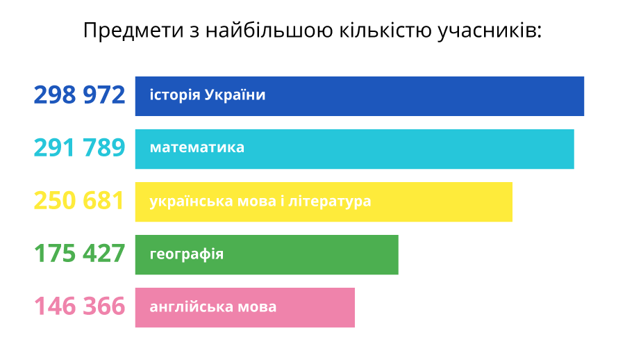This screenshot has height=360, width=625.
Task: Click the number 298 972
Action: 79,95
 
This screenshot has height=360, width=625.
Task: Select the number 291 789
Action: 79,147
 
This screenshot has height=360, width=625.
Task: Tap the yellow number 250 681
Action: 79,200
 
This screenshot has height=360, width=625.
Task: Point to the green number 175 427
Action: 79,254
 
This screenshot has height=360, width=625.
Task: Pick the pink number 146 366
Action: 79,306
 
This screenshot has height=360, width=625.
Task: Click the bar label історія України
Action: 207,95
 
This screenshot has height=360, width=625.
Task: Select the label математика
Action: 197,147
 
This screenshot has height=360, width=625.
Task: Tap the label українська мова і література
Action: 260,201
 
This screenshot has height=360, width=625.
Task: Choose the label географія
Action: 187,254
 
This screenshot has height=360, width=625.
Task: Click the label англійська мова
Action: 213,306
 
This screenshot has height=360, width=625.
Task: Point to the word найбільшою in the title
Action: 269,31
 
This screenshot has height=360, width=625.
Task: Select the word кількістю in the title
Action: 385,31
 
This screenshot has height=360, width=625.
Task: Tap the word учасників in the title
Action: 490,31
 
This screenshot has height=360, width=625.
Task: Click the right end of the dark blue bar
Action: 583,96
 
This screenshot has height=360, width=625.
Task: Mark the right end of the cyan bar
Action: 574,149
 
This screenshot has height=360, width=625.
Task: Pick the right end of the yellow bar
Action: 512,202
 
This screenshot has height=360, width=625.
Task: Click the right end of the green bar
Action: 398,254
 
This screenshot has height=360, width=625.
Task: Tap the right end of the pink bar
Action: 354,307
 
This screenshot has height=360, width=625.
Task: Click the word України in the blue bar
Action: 235,95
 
